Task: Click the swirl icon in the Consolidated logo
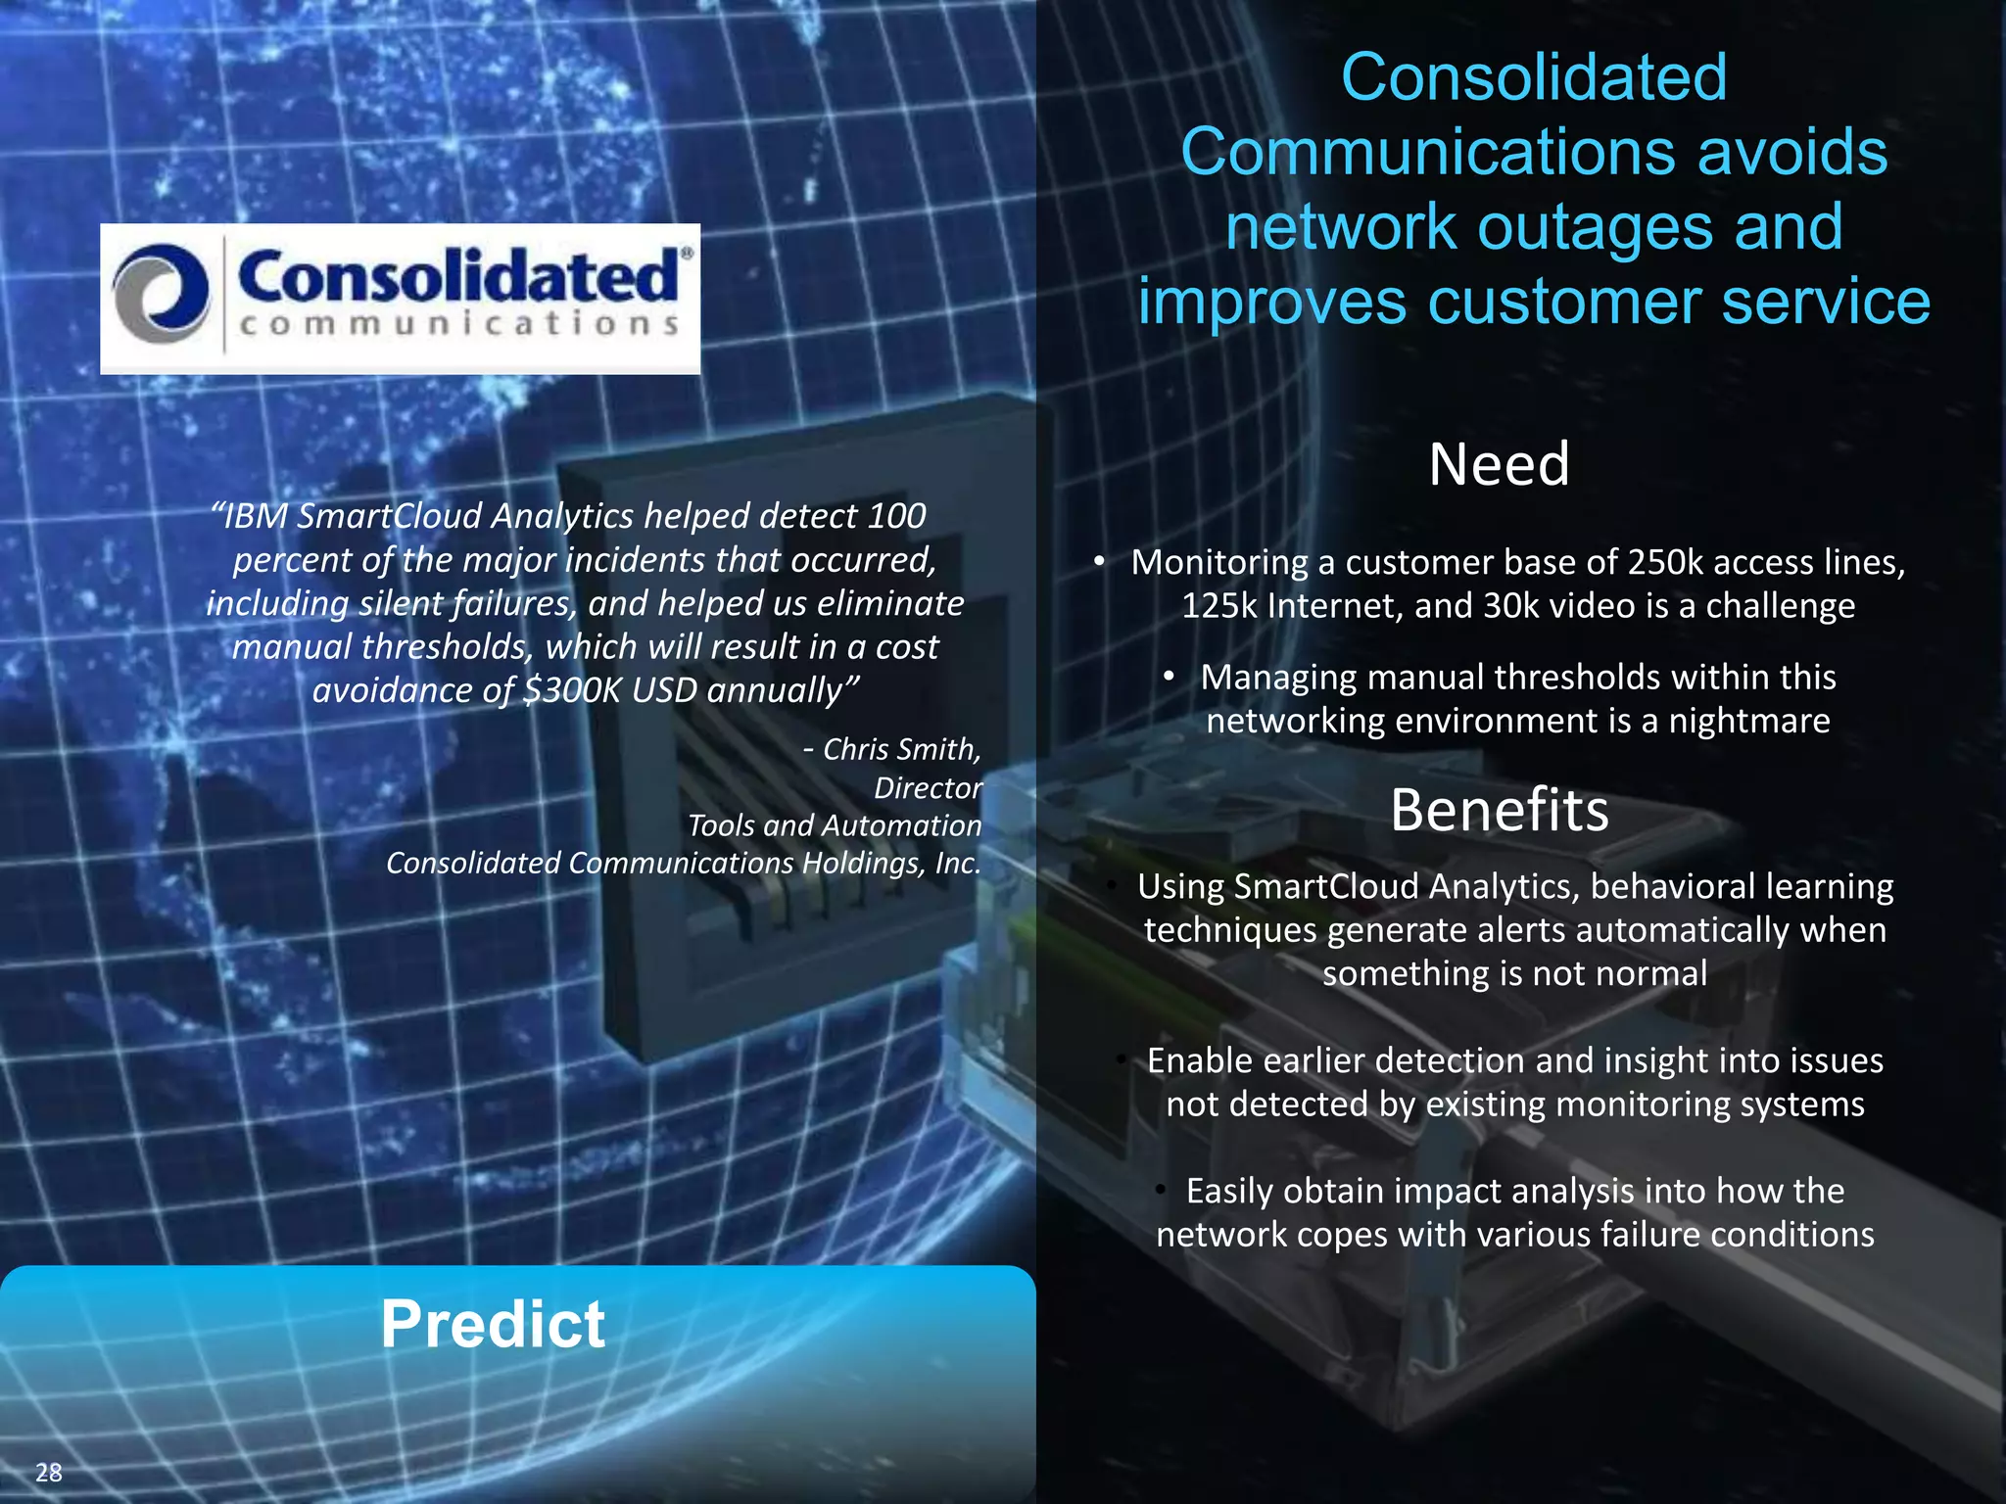(162, 295)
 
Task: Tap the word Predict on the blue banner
(493, 1324)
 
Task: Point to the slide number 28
(48, 1472)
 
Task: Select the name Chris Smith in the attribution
(901, 749)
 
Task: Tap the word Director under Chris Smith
(927, 787)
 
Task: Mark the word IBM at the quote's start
(259, 516)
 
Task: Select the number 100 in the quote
(896, 516)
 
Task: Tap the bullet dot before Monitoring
(1100, 560)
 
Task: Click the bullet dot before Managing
(1169, 676)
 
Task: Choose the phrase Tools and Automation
(834, 825)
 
